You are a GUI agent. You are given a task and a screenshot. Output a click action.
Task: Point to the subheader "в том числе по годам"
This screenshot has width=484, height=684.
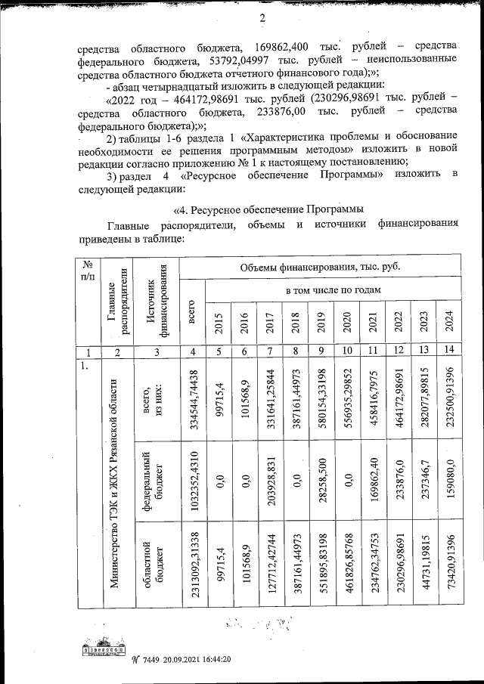[332, 290]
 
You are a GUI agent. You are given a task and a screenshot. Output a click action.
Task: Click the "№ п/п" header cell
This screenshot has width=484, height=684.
[88, 271]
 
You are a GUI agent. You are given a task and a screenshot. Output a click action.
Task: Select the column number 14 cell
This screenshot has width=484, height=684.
[448, 350]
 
